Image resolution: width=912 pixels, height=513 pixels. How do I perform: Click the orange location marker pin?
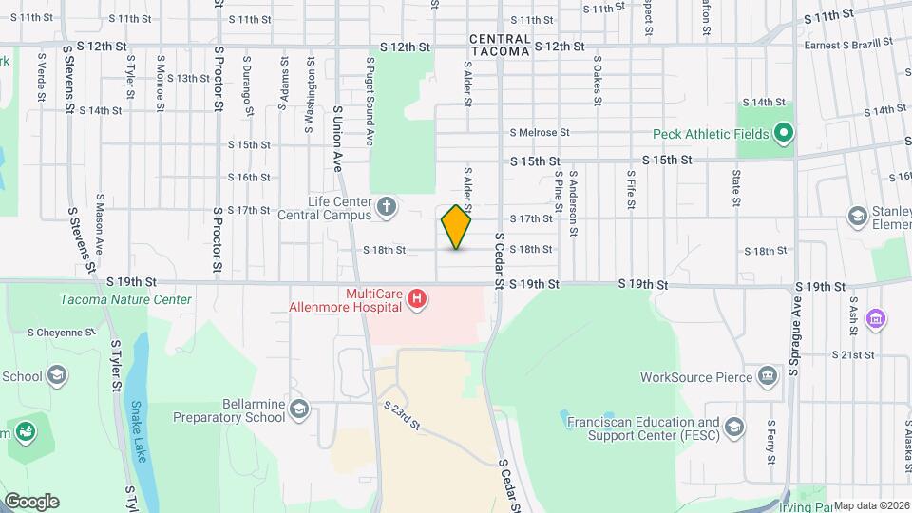[x=457, y=227]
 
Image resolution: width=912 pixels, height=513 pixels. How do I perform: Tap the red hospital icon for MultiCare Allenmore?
[x=415, y=301]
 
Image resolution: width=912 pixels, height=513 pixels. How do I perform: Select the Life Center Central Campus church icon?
[x=387, y=206]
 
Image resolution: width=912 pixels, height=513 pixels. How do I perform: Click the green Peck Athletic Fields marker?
[x=784, y=134]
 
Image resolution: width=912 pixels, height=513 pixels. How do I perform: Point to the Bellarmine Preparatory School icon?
[x=299, y=409]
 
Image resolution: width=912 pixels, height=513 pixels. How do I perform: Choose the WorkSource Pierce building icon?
[x=767, y=376]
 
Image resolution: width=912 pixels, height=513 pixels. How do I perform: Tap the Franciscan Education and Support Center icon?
[x=733, y=427]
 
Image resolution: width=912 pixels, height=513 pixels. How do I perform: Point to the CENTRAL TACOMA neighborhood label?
[x=499, y=45]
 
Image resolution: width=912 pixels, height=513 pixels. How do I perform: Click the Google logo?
[x=31, y=501]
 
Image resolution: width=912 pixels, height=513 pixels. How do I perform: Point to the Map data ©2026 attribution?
[x=871, y=505]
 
